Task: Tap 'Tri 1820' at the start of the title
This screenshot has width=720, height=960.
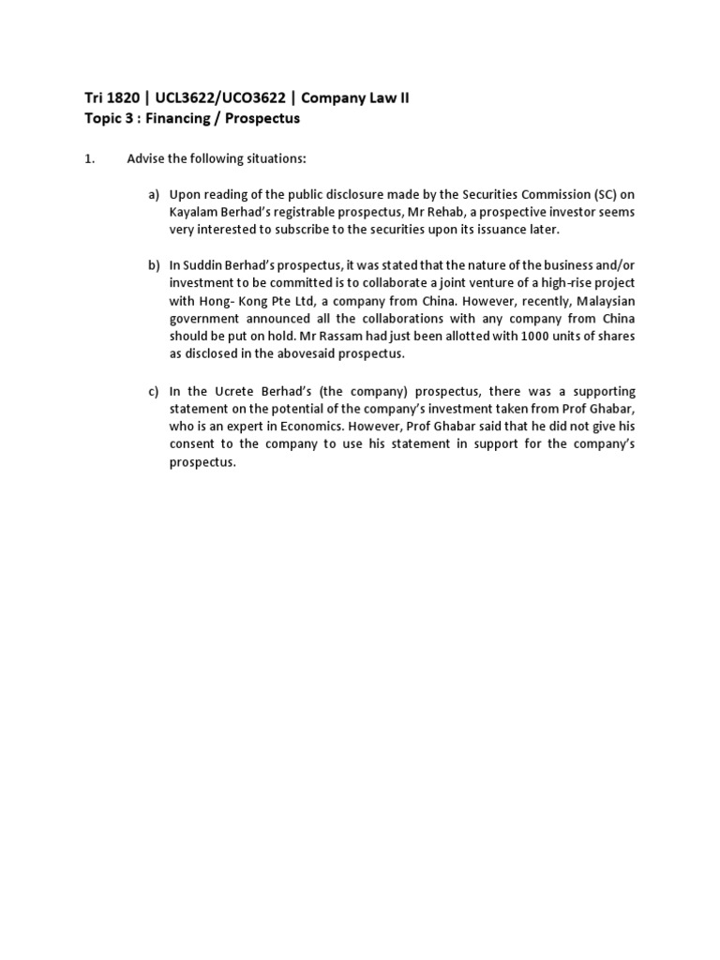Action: click(99, 98)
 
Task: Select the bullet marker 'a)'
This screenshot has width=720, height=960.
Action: click(154, 195)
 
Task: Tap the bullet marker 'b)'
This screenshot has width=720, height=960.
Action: click(154, 265)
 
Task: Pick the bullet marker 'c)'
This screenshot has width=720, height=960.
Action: click(154, 391)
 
